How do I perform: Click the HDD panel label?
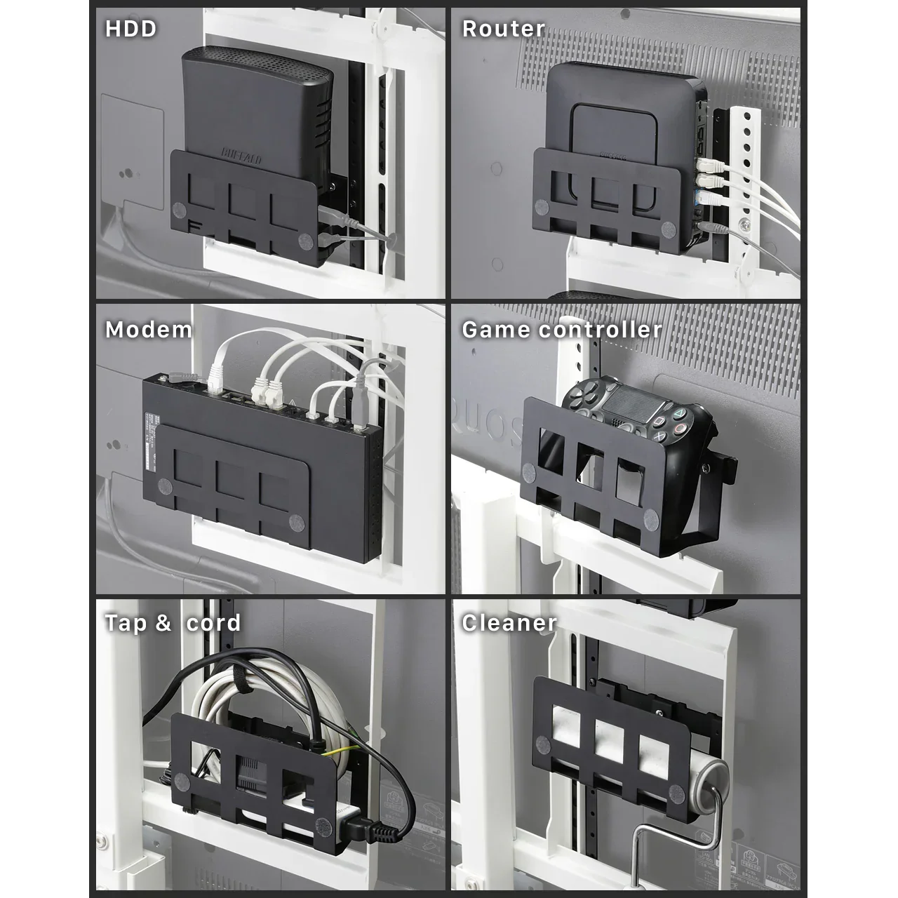pos(130,29)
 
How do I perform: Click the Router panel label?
pos(503,29)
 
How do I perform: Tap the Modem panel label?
pos(148,330)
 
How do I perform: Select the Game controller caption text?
pos(561,330)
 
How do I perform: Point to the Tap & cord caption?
pos(173,623)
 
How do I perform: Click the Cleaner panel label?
pos(509,623)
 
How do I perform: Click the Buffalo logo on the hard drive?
pos(241,155)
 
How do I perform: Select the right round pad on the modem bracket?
pos(295,523)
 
